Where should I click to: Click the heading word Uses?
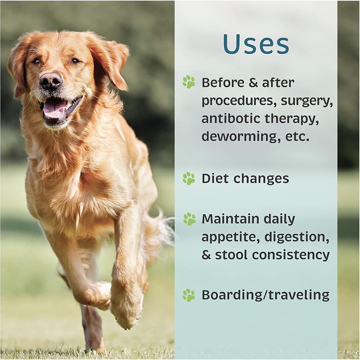[x=256, y=44]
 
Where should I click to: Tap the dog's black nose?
[x=50, y=81]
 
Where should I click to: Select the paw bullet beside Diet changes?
[x=189, y=178]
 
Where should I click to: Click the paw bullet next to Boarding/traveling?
[x=189, y=295]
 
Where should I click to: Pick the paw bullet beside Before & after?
[x=189, y=82]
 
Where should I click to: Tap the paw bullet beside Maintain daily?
[x=189, y=219]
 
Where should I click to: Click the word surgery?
[x=306, y=101]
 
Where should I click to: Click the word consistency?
[x=291, y=255]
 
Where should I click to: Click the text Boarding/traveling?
[x=265, y=295]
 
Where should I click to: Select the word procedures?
[x=238, y=101]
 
